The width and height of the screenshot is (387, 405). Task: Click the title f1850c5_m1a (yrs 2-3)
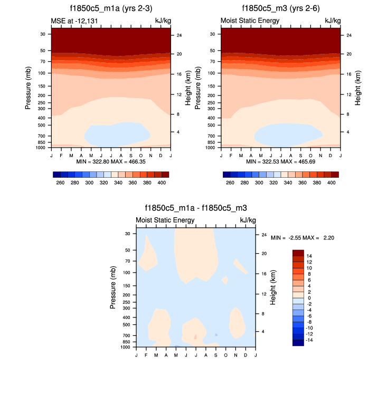[x=110, y=8]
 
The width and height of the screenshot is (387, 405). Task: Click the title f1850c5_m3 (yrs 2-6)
[x=280, y=8]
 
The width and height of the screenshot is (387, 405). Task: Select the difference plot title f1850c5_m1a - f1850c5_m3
[x=195, y=208]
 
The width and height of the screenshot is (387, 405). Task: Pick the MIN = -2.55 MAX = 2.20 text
[x=302, y=238]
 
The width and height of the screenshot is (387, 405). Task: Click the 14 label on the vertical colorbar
[x=309, y=255]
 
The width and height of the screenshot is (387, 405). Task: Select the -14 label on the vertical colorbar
[x=310, y=340]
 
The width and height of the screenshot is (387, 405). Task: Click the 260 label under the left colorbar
[x=60, y=182]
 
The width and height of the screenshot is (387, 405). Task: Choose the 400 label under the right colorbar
[x=332, y=182]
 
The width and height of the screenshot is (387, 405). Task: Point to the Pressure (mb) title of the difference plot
[x=114, y=287]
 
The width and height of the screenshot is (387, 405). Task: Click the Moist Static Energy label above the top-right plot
[x=250, y=21]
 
